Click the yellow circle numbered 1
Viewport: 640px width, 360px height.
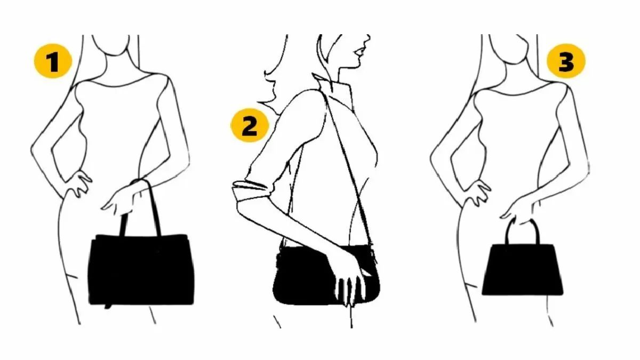click(x=53, y=61)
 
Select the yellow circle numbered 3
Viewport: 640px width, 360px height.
click(x=566, y=61)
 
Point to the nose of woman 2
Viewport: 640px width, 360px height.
click(x=368, y=39)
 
